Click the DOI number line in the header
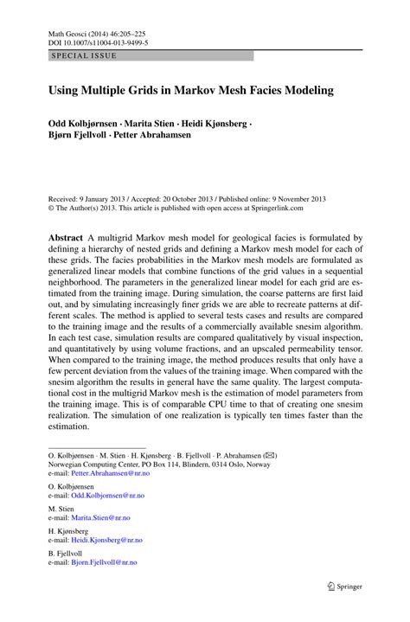click(x=98, y=41)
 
